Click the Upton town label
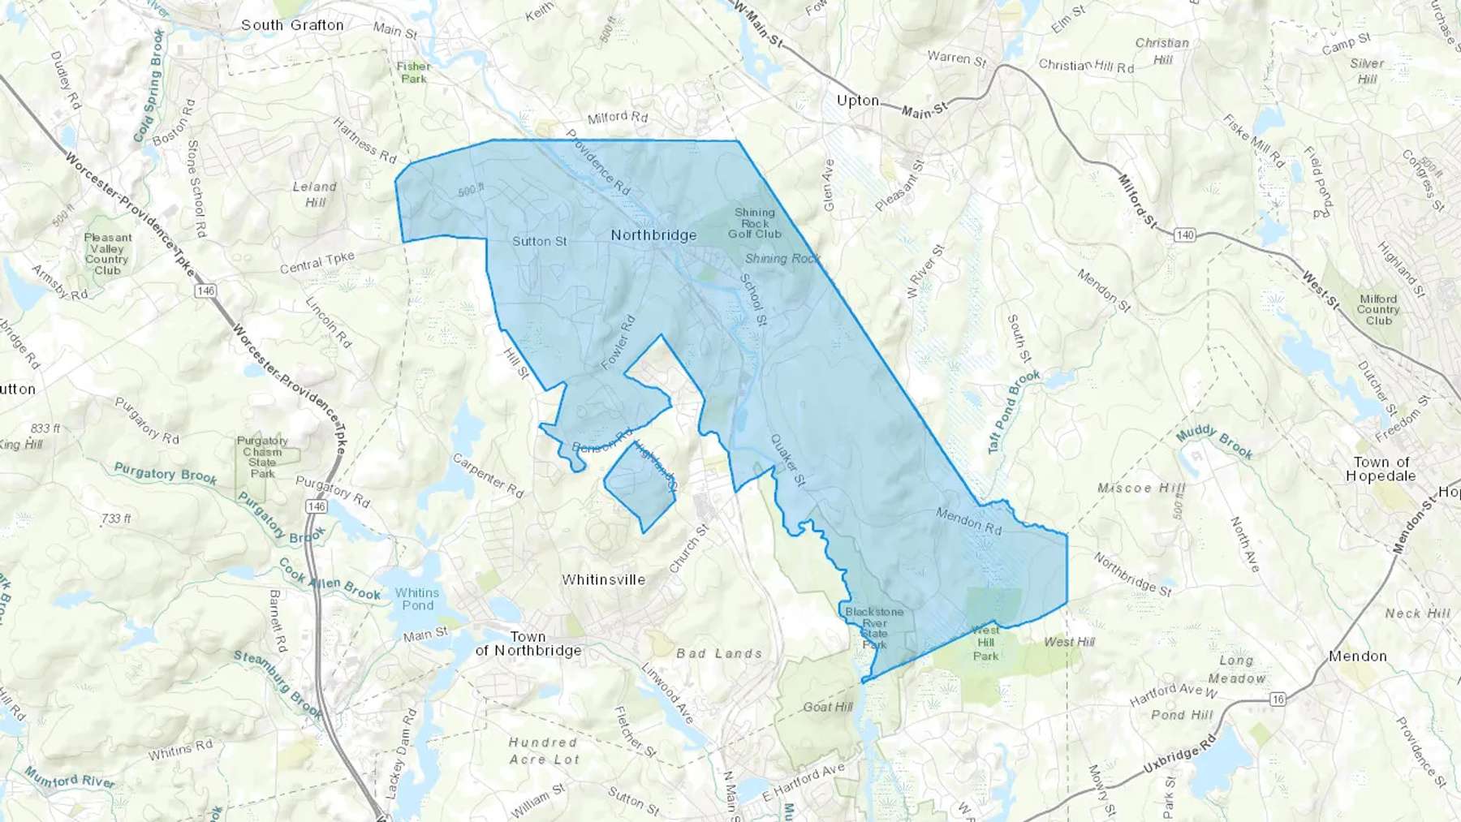pos(858,101)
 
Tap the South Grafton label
pos(292,25)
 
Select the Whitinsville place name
pos(603,579)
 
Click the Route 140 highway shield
pos(1185,235)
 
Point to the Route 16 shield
pos(1279,699)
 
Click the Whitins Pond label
pos(417,599)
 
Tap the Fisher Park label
pos(414,72)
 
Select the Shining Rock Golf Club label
pos(755,223)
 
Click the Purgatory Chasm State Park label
pos(262,457)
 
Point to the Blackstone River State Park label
pos(874,628)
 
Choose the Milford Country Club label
pos(1378,309)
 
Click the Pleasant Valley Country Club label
pos(107,254)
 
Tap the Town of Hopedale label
pos(1381,468)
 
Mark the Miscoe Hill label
pos(1141,488)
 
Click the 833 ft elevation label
pos(45,428)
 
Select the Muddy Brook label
pos(1214,441)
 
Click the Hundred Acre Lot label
pos(544,751)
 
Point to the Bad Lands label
pos(719,653)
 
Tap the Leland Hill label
pos(315,194)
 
